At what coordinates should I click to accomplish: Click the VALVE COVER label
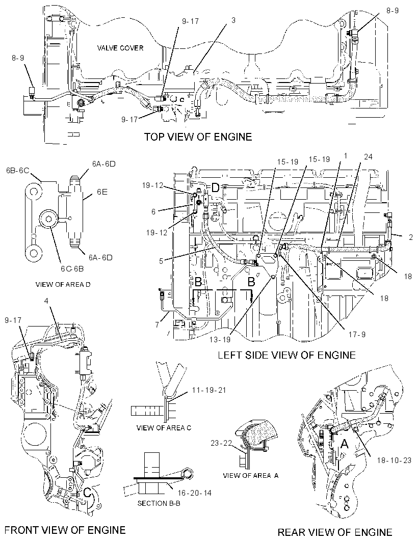click(x=120, y=48)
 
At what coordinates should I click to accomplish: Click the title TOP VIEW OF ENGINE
click(x=198, y=137)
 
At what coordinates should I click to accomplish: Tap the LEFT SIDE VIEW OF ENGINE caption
click(x=286, y=355)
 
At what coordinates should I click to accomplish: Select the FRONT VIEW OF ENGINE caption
click(x=65, y=530)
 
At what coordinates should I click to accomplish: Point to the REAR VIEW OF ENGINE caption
click(x=335, y=532)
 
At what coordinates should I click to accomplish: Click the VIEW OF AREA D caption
click(x=63, y=284)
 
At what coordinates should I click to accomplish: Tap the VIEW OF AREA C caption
click(x=164, y=428)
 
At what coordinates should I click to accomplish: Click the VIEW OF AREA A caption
click(x=251, y=475)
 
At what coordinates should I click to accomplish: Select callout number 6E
click(x=102, y=192)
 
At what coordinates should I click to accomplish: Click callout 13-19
click(x=220, y=340)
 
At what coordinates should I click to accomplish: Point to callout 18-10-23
click(x=394, y=460)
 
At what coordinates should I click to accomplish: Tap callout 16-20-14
click(x=194, y=493)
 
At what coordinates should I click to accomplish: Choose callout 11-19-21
click(x=209, y=390)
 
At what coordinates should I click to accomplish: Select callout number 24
click(x=368, y=157)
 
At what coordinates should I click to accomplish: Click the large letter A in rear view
click(x=344, y=444)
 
